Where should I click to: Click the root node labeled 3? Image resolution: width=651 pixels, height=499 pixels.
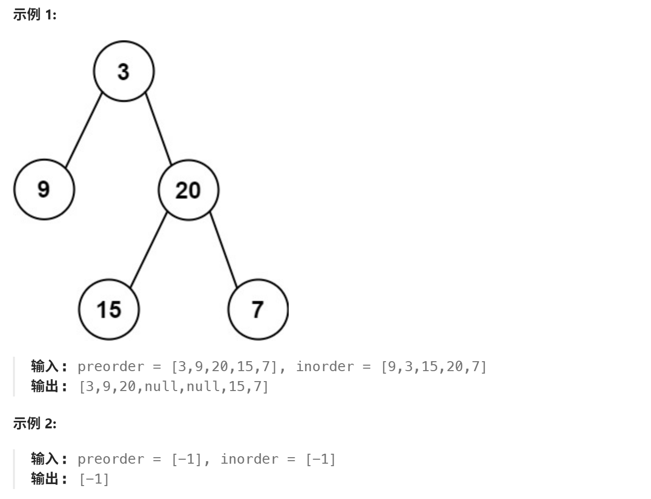coord(124,71)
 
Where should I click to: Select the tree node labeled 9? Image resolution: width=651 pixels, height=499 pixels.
coord(44,190)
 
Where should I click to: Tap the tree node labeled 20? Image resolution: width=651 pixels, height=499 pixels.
coord(188,190)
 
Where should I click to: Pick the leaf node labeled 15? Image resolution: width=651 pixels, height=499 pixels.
coord(109,309)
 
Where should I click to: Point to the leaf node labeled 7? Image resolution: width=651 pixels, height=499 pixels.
coord(258,309)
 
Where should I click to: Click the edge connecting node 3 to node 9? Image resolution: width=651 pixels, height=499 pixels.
coord(84,130)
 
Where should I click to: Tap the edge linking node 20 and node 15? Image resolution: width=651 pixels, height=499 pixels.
coord(148,249)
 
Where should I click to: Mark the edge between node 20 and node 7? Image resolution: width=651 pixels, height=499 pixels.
coord(223,249)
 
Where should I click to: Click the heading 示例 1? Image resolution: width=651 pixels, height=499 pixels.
coord(35,14)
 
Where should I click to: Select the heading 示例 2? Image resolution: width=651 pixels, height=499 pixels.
coord(35,423)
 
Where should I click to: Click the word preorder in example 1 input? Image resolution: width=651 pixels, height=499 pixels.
coord(110,367)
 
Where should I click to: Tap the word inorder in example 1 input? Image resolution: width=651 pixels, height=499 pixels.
coord(325,367)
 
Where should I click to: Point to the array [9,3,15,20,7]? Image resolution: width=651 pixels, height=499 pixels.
coord(434,367)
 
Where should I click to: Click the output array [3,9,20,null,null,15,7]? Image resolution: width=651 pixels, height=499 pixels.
coord(174,387)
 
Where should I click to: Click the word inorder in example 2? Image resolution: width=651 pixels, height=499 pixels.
coord(249,459)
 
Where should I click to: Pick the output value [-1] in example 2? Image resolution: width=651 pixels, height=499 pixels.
coord(94,479)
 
